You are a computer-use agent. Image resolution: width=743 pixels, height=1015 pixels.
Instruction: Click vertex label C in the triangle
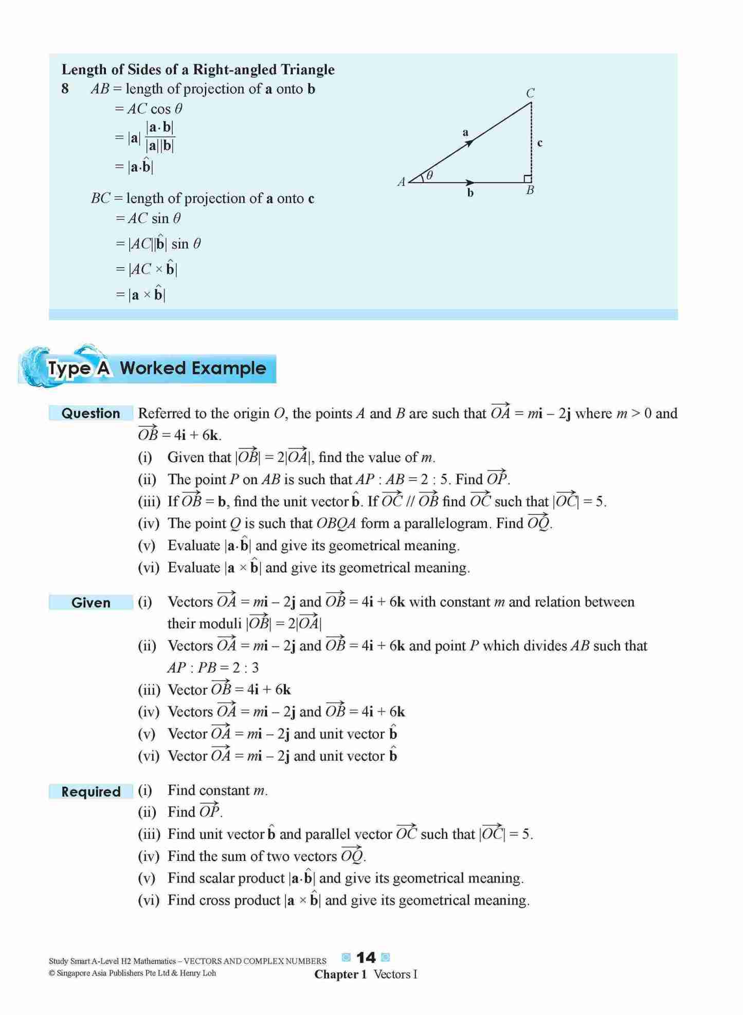(x=530, y=93)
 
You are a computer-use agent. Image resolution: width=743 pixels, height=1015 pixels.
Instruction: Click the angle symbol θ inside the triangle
(x=430, y=175)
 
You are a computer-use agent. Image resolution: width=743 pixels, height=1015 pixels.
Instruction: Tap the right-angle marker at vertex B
(x=528, y=178)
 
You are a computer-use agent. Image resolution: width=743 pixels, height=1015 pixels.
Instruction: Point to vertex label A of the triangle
(x=402, y=181)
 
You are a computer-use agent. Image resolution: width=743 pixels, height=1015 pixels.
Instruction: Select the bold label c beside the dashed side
(x=540, y=143)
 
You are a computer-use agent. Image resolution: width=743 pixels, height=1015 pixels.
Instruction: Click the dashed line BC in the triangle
(x=531, y=139)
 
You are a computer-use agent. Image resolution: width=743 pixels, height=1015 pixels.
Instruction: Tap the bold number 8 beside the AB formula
(x=65, y=89)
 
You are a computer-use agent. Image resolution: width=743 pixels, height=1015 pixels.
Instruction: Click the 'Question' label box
(x=90, y=413)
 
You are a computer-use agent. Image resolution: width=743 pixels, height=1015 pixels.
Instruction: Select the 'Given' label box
(x=90, y=602)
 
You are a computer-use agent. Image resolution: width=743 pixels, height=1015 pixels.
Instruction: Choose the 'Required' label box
(x=90, y=791)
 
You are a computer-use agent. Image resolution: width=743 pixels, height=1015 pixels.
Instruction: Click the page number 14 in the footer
(x=366, y=957)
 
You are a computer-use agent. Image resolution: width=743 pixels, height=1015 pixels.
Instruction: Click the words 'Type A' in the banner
(x=79, y=368)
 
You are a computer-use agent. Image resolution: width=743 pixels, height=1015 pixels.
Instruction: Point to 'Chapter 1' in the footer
(x=340, y=974)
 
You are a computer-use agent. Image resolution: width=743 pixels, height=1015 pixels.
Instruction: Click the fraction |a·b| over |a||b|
(x=159, y=137)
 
